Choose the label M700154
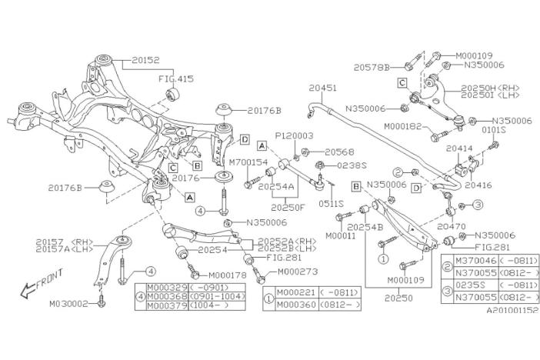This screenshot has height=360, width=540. point(248,162)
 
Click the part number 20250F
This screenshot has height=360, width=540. point(288,206)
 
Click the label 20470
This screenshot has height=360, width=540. point(452,227)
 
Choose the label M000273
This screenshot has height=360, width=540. point(297,272)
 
